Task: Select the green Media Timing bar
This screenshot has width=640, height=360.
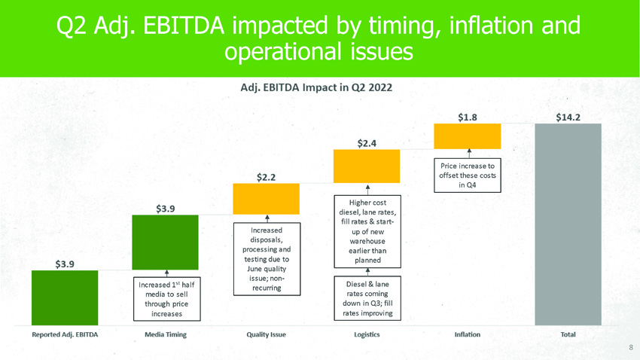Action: [165, 242]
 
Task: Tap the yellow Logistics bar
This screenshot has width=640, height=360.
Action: [367, 166]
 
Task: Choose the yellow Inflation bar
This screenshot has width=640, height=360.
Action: [468, 135]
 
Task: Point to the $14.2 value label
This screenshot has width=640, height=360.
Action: [568, 116]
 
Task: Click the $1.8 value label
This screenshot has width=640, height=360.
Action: [468, 116]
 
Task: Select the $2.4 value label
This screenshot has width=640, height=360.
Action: [367, 142]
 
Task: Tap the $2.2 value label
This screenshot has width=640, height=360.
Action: [266, 177]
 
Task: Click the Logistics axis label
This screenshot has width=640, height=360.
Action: [367, 334]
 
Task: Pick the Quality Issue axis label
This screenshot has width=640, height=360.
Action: [266, 334]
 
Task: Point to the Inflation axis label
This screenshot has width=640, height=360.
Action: [468, 334]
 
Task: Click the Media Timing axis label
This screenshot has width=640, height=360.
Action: [165, 334]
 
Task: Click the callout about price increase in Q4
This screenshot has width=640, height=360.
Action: [468, 175]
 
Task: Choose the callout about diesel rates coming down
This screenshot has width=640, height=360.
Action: [367, 298]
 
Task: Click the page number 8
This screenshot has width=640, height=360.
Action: [631, 348]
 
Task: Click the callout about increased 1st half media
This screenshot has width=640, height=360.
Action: [166, 298]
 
